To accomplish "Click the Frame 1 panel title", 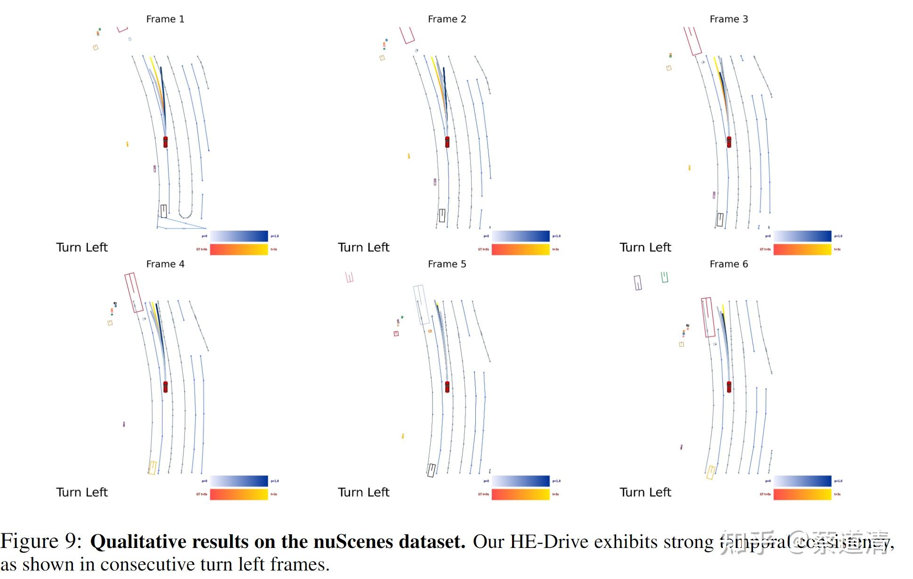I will [x=165, y=19].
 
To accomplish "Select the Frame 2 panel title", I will [x=447, y=19].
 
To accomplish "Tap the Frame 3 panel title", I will [x=729, y=19].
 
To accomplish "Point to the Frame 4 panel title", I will [x=165, y=264].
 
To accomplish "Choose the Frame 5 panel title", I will [x=447, y=264].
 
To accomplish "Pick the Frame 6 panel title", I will [x=729, y=264].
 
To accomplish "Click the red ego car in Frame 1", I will [x=165, y=142].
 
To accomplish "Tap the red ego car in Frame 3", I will [x=729, y=142].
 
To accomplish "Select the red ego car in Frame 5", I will [x=447, y=386].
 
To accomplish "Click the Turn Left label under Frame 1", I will [x=82, y=248].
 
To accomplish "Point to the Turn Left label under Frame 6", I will [x=645, y=492].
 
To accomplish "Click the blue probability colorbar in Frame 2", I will [x=521, y=236].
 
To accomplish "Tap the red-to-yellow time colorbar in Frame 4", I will [x=239, y=494].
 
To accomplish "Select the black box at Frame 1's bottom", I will [x=163, y=211].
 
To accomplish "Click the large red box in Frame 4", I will [x=134, y=292].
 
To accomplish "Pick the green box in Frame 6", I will [x=665, y=277].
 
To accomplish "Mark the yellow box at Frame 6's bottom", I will [x=711, y=472].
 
